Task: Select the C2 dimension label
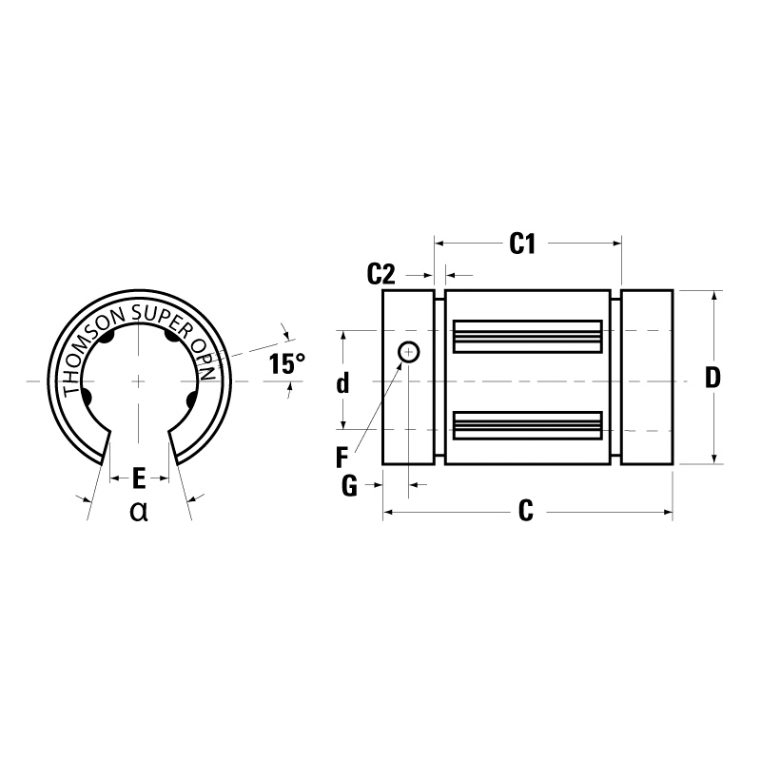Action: (380, 275)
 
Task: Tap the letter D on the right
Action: (712, 378)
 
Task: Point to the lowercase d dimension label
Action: (343, 383)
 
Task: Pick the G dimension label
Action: (348, 486)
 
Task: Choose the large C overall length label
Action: (525, 513)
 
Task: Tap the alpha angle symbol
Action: (139, 512)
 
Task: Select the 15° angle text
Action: (286, 363)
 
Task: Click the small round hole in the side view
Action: (409, 352)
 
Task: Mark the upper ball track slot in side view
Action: (528, 334)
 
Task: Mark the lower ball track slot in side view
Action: (528, 424)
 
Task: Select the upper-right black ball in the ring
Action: (172, 336)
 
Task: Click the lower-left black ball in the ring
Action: (88, 397)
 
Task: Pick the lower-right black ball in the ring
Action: (191, 400)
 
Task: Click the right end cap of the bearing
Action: (647, 377)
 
